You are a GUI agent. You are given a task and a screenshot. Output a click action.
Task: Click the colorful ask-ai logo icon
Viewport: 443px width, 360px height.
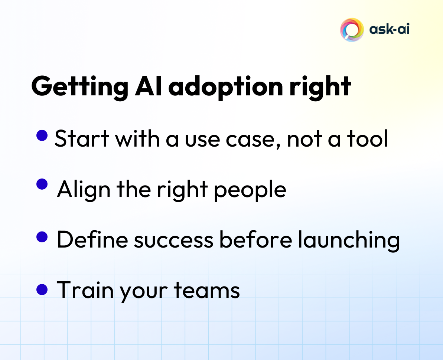click(x=351, y=30)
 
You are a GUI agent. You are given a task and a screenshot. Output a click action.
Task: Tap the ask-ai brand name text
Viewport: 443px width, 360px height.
click(x=389, y=29)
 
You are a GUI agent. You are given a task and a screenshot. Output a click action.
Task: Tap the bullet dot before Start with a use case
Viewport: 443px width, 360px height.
click(x=42, y=135)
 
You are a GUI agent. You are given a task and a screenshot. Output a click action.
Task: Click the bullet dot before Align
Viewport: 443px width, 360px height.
click(x=43, y=184)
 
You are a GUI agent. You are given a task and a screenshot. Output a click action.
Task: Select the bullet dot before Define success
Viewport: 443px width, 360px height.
click(x=42, y=237)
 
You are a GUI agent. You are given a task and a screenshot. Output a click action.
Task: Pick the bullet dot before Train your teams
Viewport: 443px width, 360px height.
click(x=42, y=289)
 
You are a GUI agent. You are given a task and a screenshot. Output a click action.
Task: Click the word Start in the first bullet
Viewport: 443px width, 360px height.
click(x=82, y=139)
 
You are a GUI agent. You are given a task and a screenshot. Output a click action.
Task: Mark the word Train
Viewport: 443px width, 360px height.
click(x=85, y=290)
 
